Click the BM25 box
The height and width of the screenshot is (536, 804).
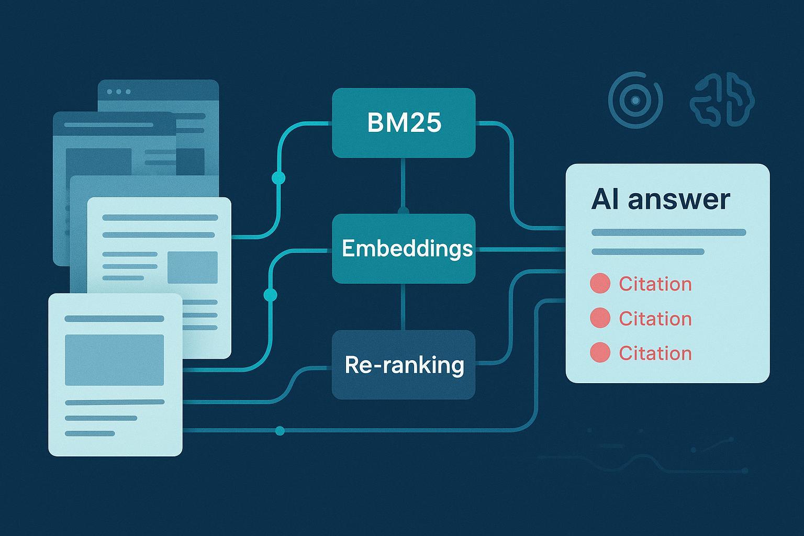[x=404, y=123]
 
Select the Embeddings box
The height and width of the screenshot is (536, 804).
[x=404, y=249]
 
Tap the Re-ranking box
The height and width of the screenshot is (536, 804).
[x=404, y=365]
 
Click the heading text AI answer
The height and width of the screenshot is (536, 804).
[x=661, y=199]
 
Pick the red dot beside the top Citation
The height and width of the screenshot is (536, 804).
[x=600, y=283]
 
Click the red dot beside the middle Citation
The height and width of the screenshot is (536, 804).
[x=600, y=318]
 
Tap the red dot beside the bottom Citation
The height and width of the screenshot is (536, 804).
[x=600, y=352]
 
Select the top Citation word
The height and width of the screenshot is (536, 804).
[x=655, y=284]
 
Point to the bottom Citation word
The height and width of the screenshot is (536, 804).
[x=655, y=353]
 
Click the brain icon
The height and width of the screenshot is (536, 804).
[x=722, y=99]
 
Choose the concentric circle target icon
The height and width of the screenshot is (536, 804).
[x=635, y=100]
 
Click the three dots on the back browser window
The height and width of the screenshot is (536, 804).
[x=119, y=92]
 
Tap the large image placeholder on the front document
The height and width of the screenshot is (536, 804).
[x=115, y=360]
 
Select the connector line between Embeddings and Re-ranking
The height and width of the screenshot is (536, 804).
[x=403, y=307]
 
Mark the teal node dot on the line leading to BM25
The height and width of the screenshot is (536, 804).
[x=278, y=178]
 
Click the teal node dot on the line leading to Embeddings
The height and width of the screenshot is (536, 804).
[x=270, y=295]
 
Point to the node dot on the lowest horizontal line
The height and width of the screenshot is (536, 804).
[x=280, y=430]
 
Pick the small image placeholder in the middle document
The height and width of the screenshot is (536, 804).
[x=193, y=267]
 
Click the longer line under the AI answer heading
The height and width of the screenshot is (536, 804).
[x=668, y=232]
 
